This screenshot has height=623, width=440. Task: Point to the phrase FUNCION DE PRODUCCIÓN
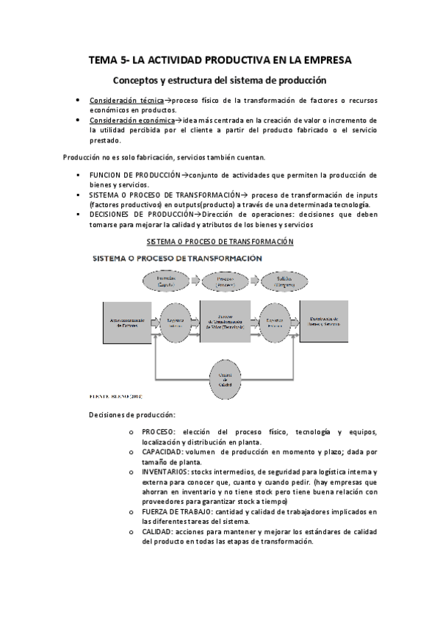[x=134, y=175]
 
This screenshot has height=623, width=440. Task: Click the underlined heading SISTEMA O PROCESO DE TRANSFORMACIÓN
[x=220, y=241]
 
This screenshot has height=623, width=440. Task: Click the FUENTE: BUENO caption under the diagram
[x=114, y=395]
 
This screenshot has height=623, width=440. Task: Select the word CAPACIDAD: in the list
[x=164, y=452]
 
